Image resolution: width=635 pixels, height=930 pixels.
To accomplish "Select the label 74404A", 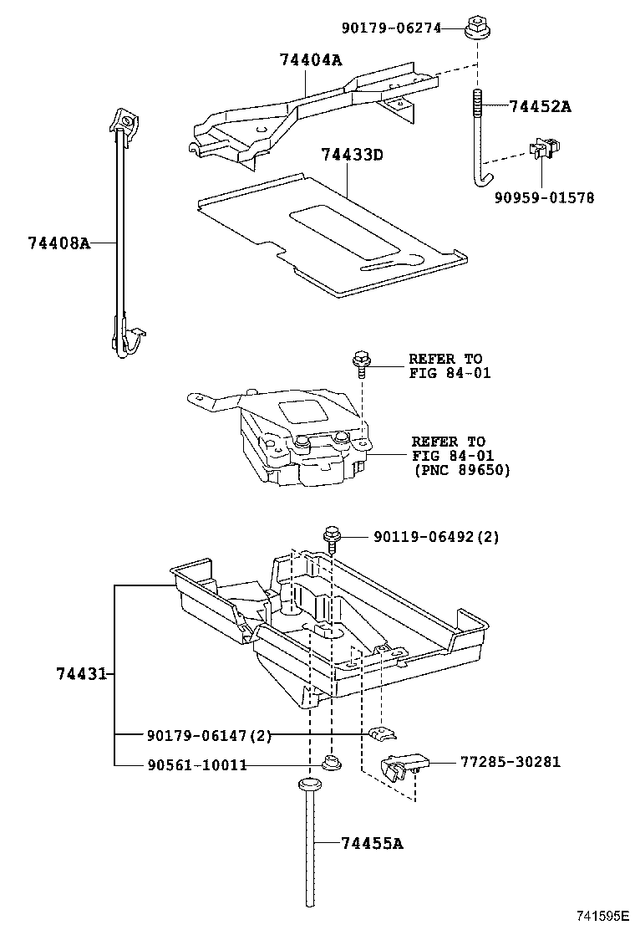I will pos(310,59).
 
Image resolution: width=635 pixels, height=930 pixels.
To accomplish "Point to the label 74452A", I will pos(540,106).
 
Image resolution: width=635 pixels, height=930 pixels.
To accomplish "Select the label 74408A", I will pos(58,243).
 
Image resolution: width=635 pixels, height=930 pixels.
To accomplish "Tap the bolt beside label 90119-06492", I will pos(331,537).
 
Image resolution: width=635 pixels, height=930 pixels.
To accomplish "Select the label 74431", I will pos(82,673).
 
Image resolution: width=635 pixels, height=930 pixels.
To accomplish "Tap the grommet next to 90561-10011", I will pos(330,763).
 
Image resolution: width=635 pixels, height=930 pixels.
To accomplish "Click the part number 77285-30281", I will pos(510,762).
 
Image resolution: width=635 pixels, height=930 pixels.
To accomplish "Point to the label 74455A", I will pos(372,844).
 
